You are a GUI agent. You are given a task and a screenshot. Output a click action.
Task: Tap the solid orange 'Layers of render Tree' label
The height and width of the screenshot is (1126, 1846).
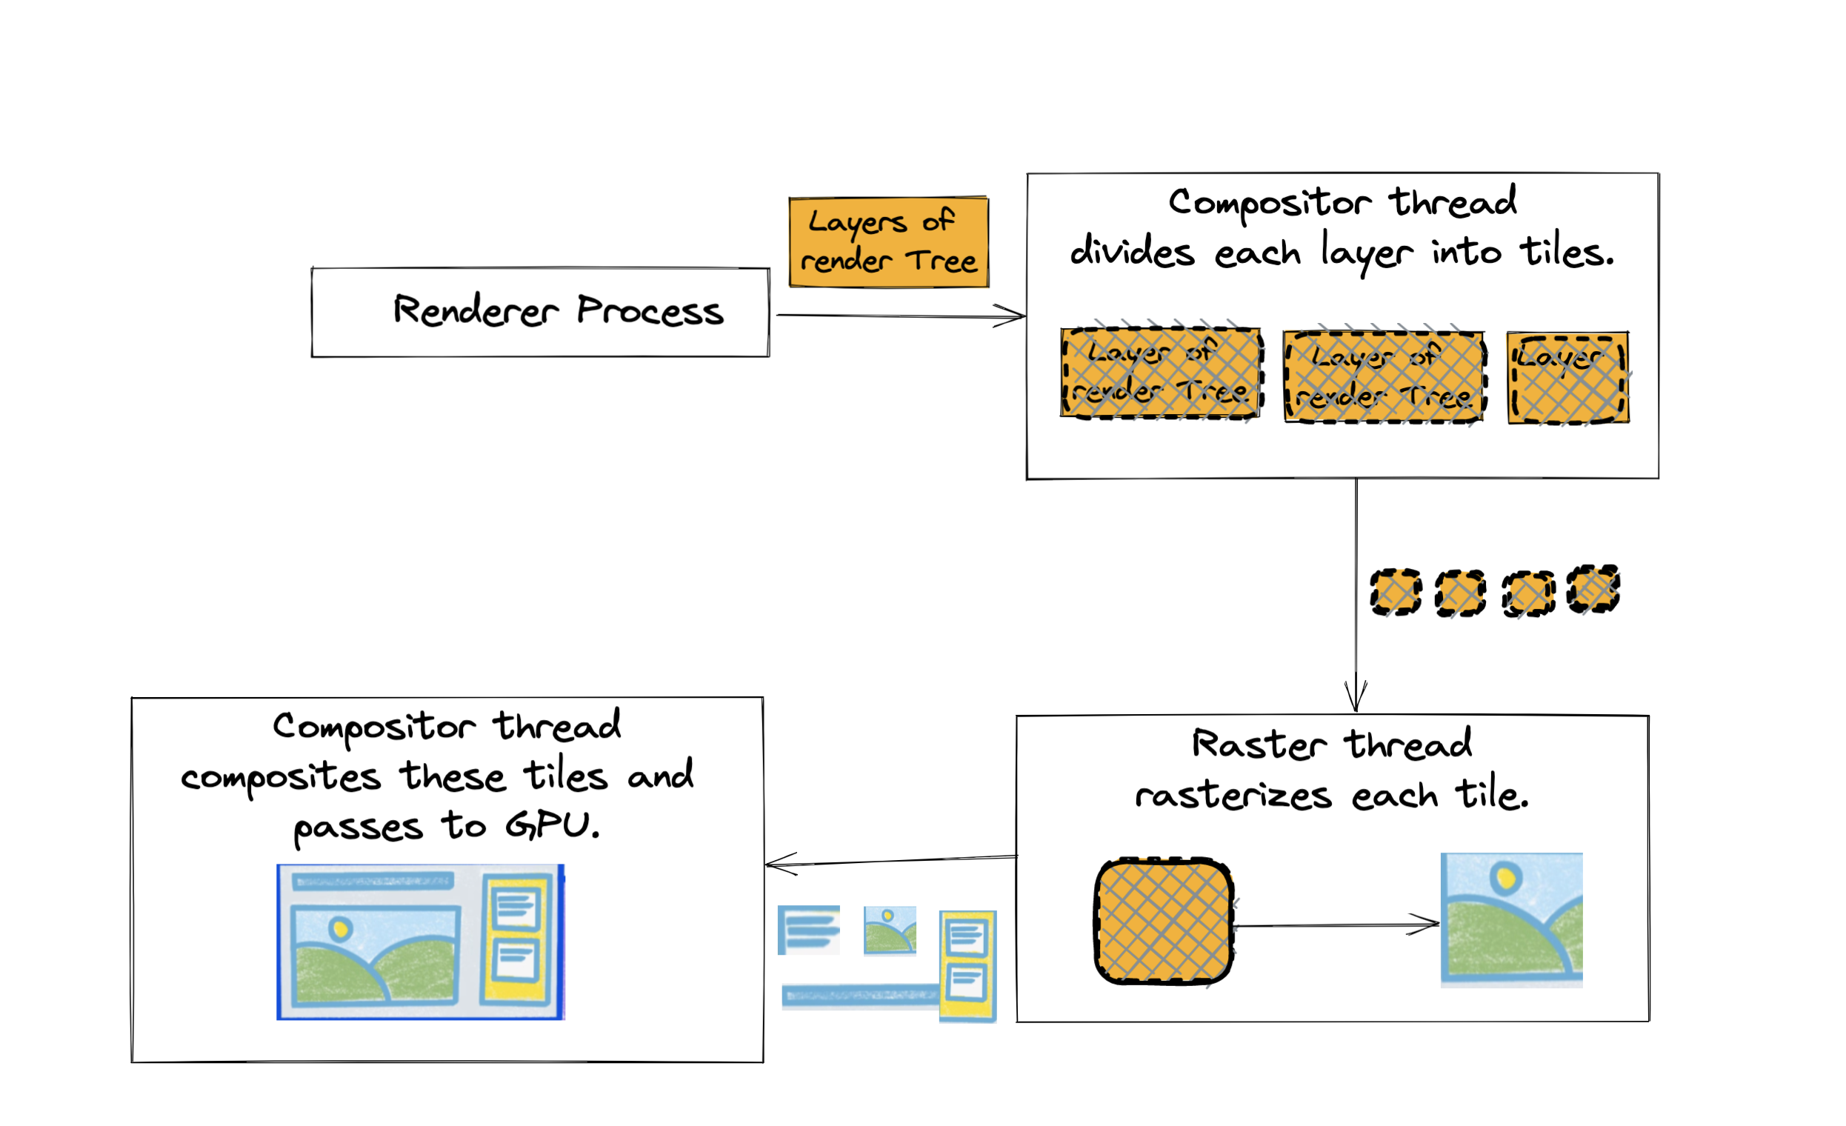[889, 242]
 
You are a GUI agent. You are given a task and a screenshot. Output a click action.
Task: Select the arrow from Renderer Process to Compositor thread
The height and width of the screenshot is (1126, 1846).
[899, 316]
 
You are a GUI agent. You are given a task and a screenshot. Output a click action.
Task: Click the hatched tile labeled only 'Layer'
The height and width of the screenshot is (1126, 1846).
[1568, 379]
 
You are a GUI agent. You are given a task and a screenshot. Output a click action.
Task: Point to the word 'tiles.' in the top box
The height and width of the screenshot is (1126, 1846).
[1567, 253]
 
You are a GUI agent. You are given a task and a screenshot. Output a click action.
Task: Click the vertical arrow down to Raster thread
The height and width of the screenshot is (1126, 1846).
[1356, 592]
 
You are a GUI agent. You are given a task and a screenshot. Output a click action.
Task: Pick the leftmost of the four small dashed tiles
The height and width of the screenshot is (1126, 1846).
[1396, 593]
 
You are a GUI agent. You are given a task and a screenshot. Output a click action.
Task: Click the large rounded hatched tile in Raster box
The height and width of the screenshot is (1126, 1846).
[1164, 921]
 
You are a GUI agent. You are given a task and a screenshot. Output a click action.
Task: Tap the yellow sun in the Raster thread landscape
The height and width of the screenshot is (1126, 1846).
[1505, 876]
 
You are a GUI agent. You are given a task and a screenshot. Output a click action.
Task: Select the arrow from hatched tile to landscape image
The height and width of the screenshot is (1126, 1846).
[1333, 926]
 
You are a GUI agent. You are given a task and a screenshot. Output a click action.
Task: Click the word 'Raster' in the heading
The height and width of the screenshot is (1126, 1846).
[1259, 744]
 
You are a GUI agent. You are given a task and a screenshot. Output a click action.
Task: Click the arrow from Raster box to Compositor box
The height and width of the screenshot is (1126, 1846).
[892, 861]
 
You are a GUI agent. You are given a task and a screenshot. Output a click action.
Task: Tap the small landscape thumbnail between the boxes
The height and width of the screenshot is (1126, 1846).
[889, 930]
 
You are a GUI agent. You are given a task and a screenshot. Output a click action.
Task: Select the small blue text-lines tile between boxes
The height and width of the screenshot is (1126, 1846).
[808, 930]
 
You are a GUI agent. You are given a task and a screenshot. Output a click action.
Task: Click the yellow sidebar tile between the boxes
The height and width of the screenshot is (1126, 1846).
[968, 966]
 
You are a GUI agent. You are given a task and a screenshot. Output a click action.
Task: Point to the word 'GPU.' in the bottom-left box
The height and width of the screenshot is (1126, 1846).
[553, 825]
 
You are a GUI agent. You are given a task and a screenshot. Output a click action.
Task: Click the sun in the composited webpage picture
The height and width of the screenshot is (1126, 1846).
[341, 929]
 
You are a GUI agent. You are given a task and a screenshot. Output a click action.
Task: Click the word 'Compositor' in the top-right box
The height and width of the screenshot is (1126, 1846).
[1270, 202]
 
